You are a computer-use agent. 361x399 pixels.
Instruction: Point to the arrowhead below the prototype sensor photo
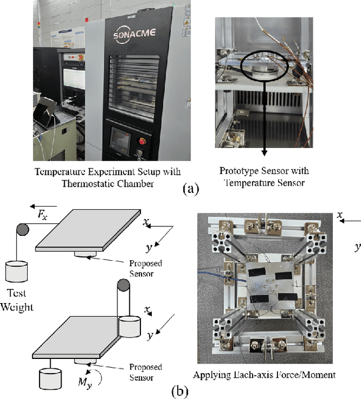click(x=264, y=151)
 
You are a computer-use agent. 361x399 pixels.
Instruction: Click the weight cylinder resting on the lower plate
click(x=130, y=326)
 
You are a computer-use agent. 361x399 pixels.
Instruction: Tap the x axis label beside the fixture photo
click(x=340, y=215)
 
